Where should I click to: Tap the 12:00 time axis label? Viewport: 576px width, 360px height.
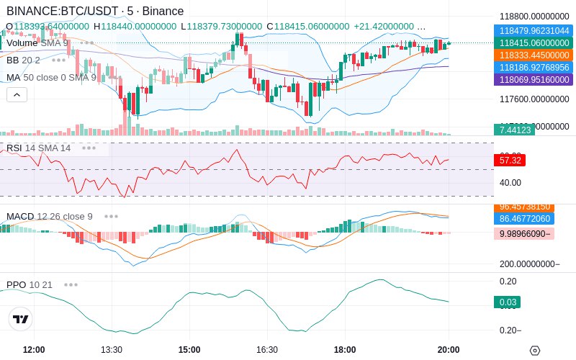point(34,350)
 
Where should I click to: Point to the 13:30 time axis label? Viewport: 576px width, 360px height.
point(112,350)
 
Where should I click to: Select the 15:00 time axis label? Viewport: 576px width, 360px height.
point(189,350)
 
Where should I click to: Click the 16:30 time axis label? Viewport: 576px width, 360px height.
point(267,350)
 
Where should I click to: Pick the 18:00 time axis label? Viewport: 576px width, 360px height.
point(345,350)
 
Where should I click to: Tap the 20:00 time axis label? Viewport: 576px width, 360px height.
point(449,350)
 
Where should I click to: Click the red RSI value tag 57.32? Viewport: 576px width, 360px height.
point(510,161)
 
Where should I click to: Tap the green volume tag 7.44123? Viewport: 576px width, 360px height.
point(513,130)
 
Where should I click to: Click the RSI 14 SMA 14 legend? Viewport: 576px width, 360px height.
point(39,148)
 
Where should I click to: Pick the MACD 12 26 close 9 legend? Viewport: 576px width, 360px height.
point(50,216)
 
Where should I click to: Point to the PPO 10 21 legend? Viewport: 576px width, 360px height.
point(30,284)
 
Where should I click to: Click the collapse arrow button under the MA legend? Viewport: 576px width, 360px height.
point(17,94)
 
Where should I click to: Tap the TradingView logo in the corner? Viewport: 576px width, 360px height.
point(21,319)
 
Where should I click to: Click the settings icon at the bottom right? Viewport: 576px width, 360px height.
point(534,351)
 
